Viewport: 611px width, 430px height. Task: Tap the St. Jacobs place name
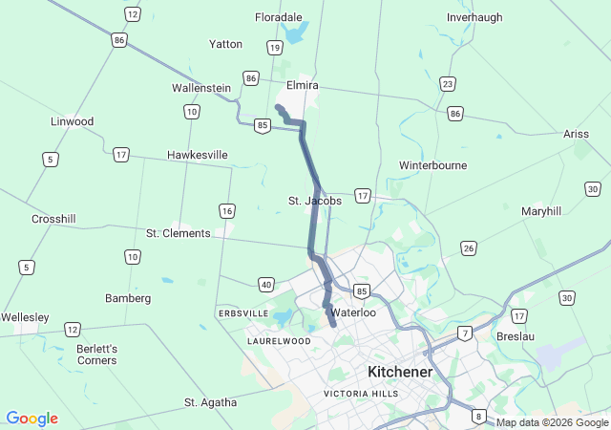[315, 201]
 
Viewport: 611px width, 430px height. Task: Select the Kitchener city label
[400, 371]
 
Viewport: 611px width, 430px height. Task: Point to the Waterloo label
[353, 312]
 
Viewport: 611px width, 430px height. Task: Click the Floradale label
[279, 17]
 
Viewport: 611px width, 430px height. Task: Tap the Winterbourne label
[432, 164]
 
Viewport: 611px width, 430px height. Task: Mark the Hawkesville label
[198, 154]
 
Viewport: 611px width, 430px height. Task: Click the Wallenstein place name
[201, 88]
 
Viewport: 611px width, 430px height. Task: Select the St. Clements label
[178, 233]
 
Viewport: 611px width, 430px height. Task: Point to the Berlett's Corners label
[98, 355]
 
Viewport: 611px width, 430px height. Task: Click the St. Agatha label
[210, 402]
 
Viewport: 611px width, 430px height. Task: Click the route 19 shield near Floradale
[275, 47]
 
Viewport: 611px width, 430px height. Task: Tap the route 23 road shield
[448, 84]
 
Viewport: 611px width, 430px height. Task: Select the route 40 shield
[266, 284]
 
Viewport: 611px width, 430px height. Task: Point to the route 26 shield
[468, 248]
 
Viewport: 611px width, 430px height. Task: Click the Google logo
[32, 419]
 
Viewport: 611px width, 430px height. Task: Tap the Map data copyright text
[553, 422]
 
